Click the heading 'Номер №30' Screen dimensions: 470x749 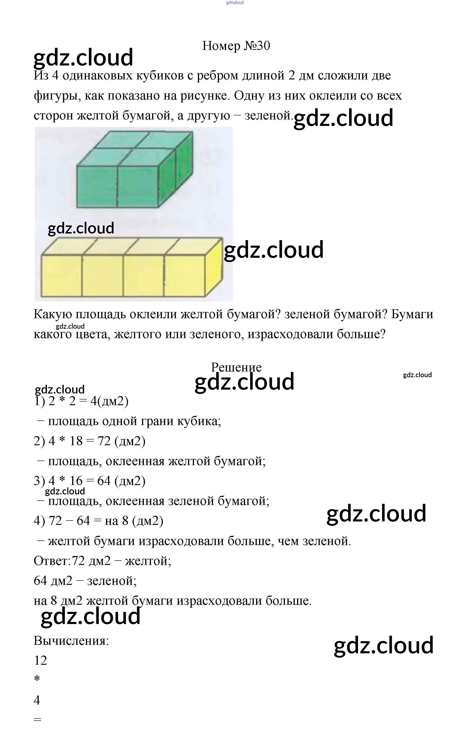(236, 46)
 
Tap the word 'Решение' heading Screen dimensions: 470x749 (236, 367)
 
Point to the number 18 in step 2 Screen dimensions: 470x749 (76, 441)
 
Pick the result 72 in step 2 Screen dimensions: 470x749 (104, 441)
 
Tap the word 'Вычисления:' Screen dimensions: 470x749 (71, 640)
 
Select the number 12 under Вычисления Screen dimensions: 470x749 (40, 660)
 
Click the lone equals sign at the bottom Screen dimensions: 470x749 (37, 720)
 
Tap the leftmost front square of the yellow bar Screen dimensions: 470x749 (62, 275)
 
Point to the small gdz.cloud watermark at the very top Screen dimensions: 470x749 (235, 3)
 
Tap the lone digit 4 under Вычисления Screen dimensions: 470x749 (37, 700)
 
